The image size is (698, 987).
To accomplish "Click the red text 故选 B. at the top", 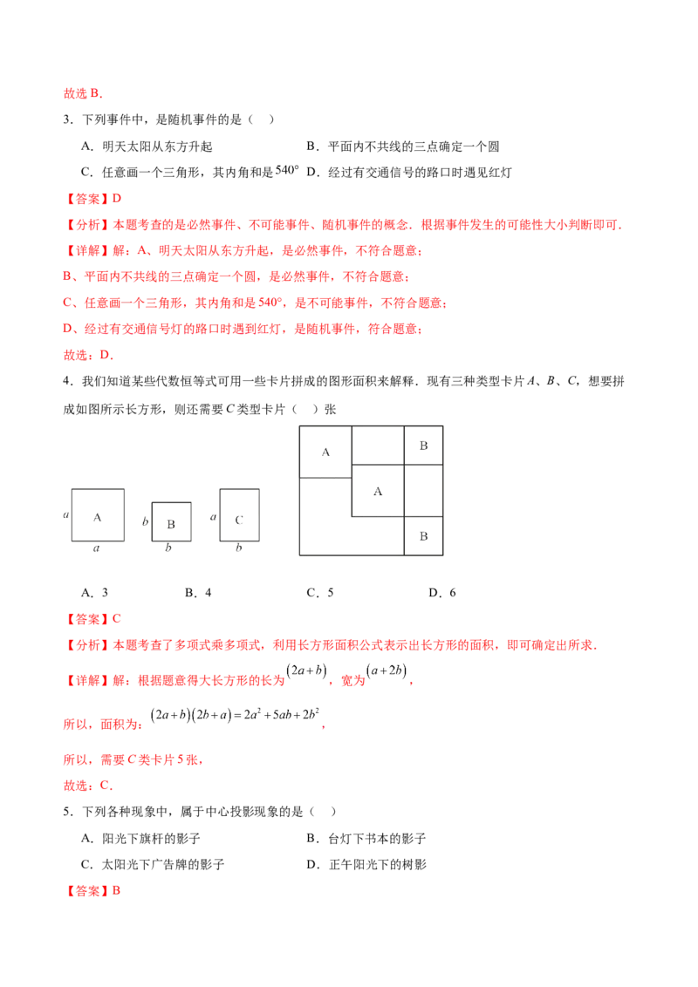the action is click(83, 94).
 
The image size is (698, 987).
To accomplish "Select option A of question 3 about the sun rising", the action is click(147, 146).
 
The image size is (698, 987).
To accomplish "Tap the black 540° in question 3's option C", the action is click(287, 170).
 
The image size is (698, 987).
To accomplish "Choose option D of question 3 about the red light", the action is click(409, 173).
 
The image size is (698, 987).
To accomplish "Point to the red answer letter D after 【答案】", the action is click(117, 199).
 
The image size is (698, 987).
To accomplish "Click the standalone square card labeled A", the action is click(98, 515).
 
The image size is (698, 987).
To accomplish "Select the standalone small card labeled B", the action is click(171, 521).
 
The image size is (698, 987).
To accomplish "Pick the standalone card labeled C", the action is click(239, 515).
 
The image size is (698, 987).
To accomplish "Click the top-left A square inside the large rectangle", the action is click(325, 452).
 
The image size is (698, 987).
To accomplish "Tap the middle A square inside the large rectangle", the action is click(378, 491).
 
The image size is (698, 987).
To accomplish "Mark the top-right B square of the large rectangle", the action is click(423, 446).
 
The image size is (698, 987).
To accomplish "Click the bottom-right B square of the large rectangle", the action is click(423, 536).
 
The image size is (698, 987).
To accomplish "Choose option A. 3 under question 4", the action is click(94, 592).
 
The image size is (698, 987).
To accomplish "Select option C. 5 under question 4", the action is click(320, 592).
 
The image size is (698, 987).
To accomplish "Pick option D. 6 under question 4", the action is click(442, 592).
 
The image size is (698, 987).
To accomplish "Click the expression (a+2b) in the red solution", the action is click(387, 671).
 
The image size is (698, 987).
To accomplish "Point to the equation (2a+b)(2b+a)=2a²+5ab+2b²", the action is click(235, 715).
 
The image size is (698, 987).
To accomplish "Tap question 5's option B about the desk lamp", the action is click(366, 839).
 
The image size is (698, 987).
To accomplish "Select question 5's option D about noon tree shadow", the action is click(366, 865).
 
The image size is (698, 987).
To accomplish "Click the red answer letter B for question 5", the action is click(117, 891).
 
